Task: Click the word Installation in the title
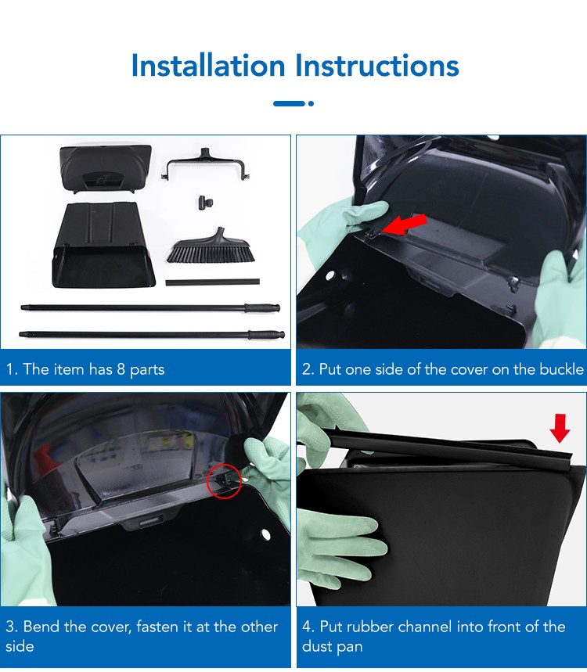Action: (208, 66)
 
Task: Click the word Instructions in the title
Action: (377, 66)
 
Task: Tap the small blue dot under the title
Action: (311, 103)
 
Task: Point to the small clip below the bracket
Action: (206, 203)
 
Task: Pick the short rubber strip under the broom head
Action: (212, 282)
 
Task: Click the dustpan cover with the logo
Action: (106, 169)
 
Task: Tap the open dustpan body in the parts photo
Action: (103, 245)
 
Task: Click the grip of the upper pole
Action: (262, 307)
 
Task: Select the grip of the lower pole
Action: (266, 334)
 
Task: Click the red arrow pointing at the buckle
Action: (404, 225)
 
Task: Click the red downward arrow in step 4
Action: (560, 428)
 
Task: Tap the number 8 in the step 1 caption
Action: (121, 369)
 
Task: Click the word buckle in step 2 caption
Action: (561, 369)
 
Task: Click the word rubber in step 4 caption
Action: (370, 627)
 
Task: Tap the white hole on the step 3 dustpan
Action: (265, 534)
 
